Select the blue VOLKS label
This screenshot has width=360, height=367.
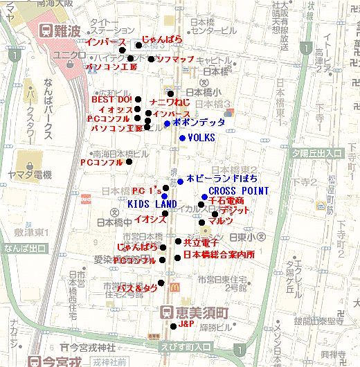(x=201, y=138)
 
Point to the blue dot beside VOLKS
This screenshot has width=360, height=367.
(x=182, y=138)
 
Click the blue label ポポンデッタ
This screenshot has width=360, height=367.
(x=199, y=123)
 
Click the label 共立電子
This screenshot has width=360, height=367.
(x=201, y=242)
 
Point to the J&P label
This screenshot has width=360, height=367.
(x=186, y=324)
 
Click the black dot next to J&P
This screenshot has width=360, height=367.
(x=173, y=325)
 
